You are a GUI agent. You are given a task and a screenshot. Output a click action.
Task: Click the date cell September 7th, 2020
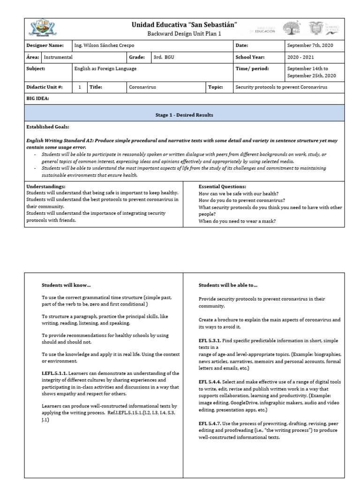[x=309, y=45]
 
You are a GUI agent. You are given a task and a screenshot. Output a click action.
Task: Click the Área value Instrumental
[x=59, y=57]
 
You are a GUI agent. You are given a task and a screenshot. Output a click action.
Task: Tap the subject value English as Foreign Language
[x=105, y=68]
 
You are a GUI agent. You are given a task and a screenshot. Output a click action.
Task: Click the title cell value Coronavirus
[x=143, y=87]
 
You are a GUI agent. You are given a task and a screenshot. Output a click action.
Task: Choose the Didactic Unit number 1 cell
[x=80, y=87]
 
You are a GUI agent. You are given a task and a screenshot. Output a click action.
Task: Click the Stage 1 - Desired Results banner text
[x=184, y=115]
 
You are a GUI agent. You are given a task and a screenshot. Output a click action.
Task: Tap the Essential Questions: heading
[x=222, y=187]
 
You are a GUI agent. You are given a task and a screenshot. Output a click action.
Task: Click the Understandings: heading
[x=46, y=187]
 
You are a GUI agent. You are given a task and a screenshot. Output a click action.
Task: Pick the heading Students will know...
[x=66, y=285]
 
